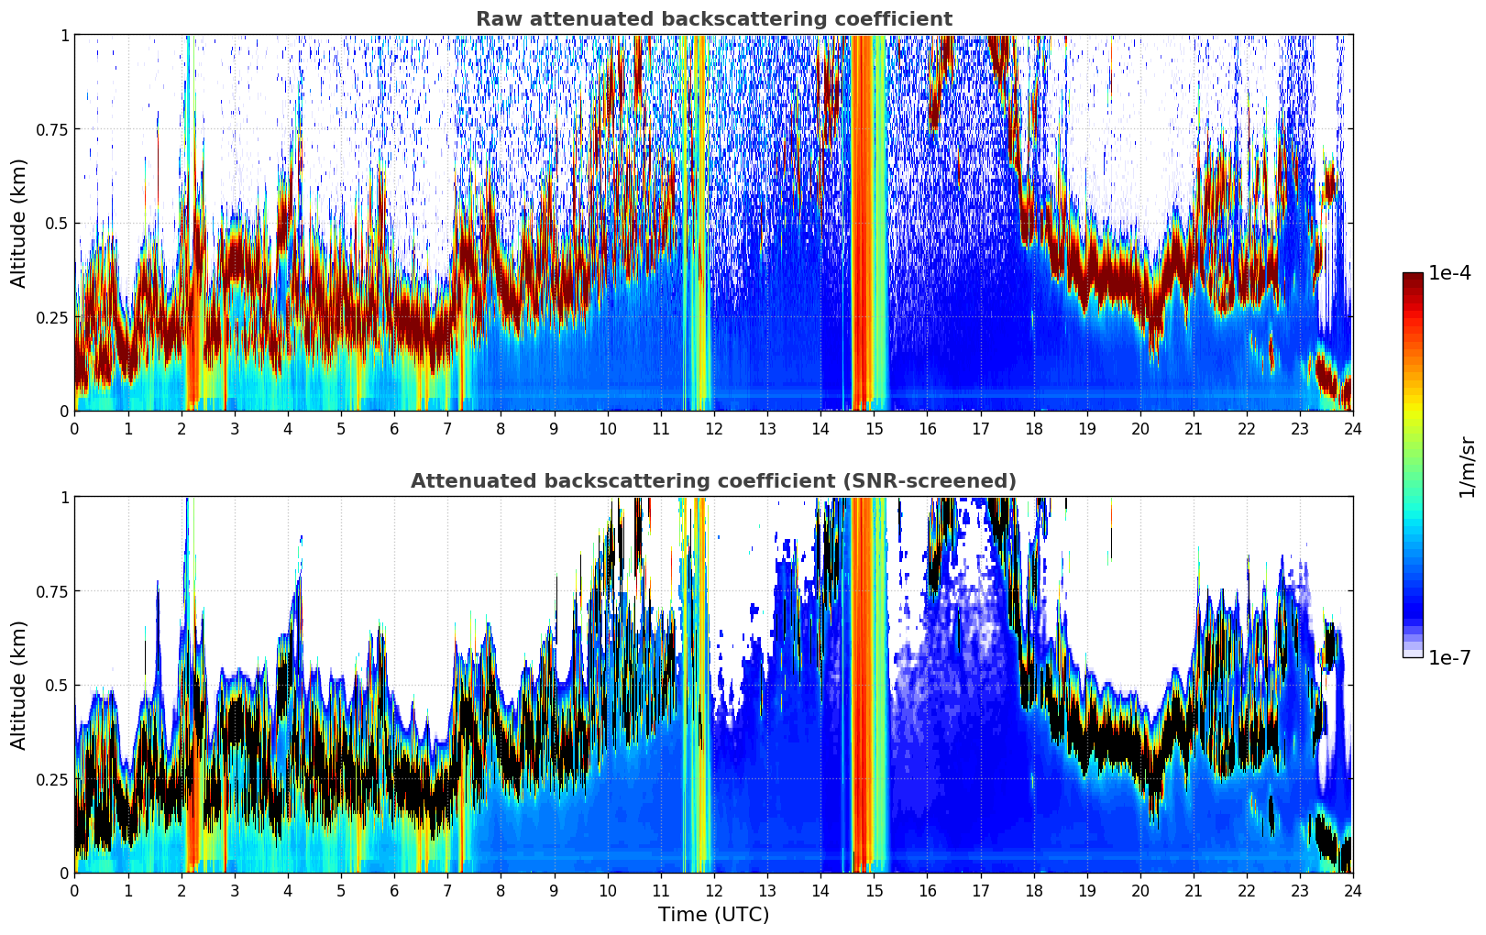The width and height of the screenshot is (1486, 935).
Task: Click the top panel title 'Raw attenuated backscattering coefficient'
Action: (713, 19)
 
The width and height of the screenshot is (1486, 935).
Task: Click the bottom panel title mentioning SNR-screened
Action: (713, 481)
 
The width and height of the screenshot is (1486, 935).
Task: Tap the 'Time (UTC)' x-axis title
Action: (713, 915)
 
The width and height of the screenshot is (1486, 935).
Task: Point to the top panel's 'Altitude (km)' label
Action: (19, 223)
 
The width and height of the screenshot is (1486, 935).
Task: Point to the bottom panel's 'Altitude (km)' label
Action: (19, 685)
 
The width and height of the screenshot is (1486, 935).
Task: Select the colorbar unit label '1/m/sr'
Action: (1467, 467)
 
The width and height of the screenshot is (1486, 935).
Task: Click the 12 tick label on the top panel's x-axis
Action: (714, 429)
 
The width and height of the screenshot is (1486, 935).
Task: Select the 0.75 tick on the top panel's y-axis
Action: (52, 129)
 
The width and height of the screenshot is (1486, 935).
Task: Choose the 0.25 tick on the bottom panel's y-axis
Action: (52, 779)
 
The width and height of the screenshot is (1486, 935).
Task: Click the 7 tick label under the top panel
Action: (447, 429)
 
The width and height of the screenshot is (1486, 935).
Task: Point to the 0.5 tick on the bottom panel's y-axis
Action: (57, 685)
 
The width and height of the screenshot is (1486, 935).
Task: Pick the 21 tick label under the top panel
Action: (1194, 429)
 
